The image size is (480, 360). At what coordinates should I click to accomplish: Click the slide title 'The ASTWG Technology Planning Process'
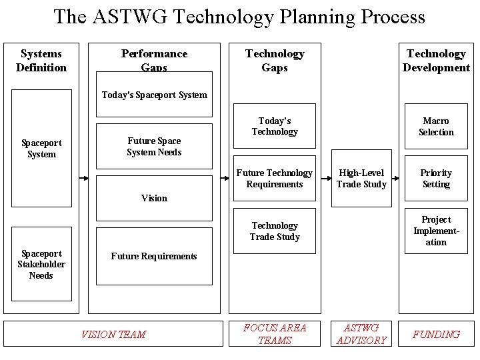click(x=239, y=16)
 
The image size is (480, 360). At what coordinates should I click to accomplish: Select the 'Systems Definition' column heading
click(x=41, y=61)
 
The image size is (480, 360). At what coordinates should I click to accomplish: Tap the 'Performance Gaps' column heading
click(x=154, y=60)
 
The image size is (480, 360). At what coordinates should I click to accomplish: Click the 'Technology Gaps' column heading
click(x=275, y=61)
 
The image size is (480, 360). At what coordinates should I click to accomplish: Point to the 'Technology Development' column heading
click(x=436, y=61)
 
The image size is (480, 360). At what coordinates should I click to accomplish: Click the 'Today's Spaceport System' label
click(x=154, y=95)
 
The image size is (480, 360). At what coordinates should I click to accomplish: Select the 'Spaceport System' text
click(x=41, y=149)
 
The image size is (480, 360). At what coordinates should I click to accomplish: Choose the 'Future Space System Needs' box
click(x=154, y=147)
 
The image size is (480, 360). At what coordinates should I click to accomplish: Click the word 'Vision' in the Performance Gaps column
click(x=154, y=198)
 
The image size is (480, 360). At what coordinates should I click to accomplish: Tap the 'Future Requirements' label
click(x=154, y=256)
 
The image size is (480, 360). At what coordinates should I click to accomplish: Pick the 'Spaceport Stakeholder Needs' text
click(x=41, y=265)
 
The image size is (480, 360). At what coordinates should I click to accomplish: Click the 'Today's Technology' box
click(x=275, y=127)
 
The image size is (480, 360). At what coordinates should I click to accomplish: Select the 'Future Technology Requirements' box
click(x=275, y=179)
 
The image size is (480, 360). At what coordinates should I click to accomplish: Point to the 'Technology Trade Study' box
click(x=275, y=231)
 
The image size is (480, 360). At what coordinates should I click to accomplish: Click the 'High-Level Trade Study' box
click(x=361, y=179)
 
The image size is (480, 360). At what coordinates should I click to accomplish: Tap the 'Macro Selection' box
click(x=436, y=127)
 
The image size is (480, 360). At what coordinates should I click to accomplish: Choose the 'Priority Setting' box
click(x=436, y=179)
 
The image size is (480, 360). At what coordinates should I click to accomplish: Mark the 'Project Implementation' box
click(x=436, y=231)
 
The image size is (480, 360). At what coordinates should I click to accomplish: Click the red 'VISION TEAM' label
click(x=113, y=335)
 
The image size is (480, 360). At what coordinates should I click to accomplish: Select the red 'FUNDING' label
click(x=436, y=335)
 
